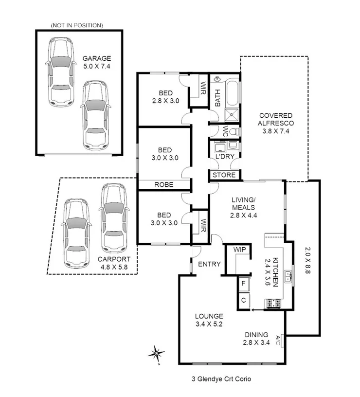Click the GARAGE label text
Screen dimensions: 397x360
96,58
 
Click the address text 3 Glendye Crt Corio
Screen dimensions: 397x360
220,379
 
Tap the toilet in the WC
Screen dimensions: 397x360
233,132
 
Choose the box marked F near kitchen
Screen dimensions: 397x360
243,283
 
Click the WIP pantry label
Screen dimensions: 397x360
239,250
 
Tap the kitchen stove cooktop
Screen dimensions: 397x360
272,304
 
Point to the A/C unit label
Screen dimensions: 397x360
278,340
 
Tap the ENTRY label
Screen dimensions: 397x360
210,264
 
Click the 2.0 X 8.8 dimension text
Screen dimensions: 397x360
307,261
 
